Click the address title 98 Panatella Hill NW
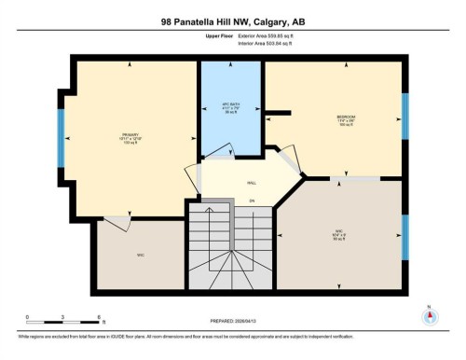(x=233, y=21)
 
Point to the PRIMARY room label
(x=130, y=135)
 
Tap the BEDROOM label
(x=346, y=117)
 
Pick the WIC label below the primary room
(x=140, y=255)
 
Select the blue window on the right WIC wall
(x=404, y=237)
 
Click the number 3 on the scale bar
(x=61, y=317)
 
